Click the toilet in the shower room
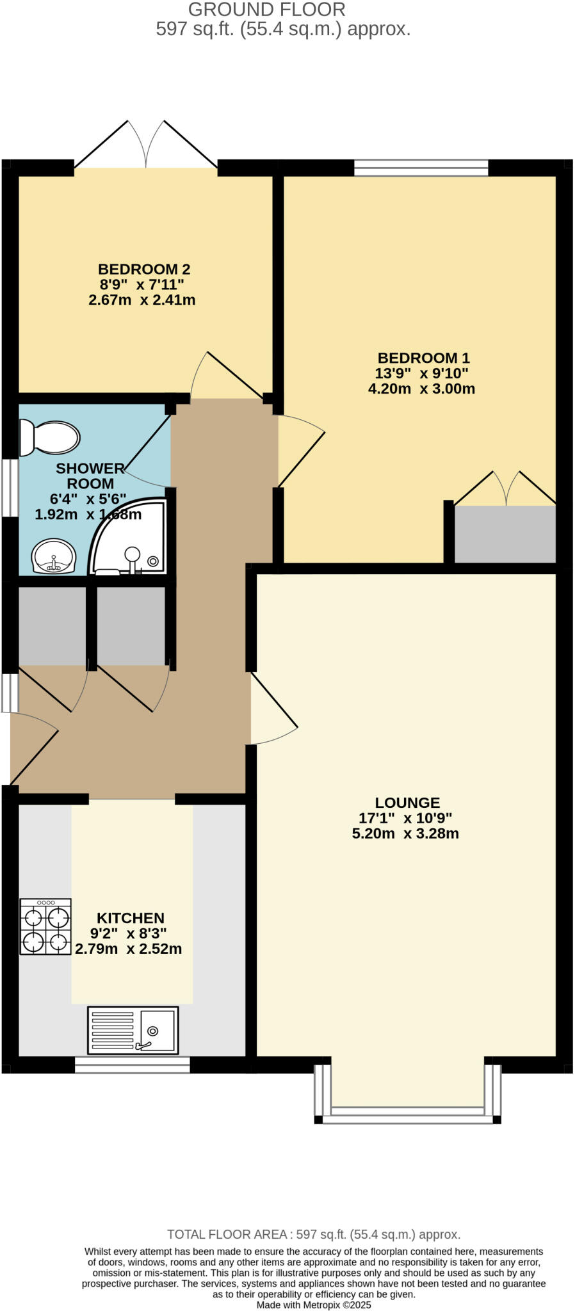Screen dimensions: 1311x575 [x=50, y=438]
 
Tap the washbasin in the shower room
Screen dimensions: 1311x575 [x=54, y=556]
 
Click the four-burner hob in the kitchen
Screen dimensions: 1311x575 [x=45, y=926]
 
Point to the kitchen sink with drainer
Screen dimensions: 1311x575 [x=133, y=1030]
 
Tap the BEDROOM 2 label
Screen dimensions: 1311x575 [x=144, y=269]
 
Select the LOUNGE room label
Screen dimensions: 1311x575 [x=407, y=803]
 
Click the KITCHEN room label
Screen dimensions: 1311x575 [x=131, y=918]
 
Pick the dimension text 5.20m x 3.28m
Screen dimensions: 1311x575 [x=405, y=833]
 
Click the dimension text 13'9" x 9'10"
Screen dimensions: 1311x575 [x=421, y=373]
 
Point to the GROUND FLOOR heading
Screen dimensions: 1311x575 [x=266, y=10]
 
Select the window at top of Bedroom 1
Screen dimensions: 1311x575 [x=421, y=168]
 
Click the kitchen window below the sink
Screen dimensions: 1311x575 [x=132, y=1065]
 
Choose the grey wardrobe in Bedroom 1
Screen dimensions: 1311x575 [x=505, y=534]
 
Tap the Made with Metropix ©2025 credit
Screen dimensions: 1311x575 [x=313, y=1305]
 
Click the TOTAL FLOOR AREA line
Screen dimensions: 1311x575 [x=313, y=1234]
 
